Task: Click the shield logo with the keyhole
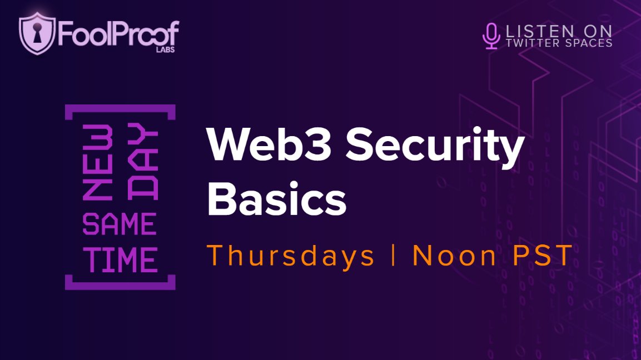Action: click(37, 33)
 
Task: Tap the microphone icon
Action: click(490, 35)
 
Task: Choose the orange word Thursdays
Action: click(291, 256)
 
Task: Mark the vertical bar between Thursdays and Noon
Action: click(393, 256)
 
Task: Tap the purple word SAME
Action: click(120, 225)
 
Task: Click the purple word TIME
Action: click(120, 259)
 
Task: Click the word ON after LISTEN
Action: click(595, 30)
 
